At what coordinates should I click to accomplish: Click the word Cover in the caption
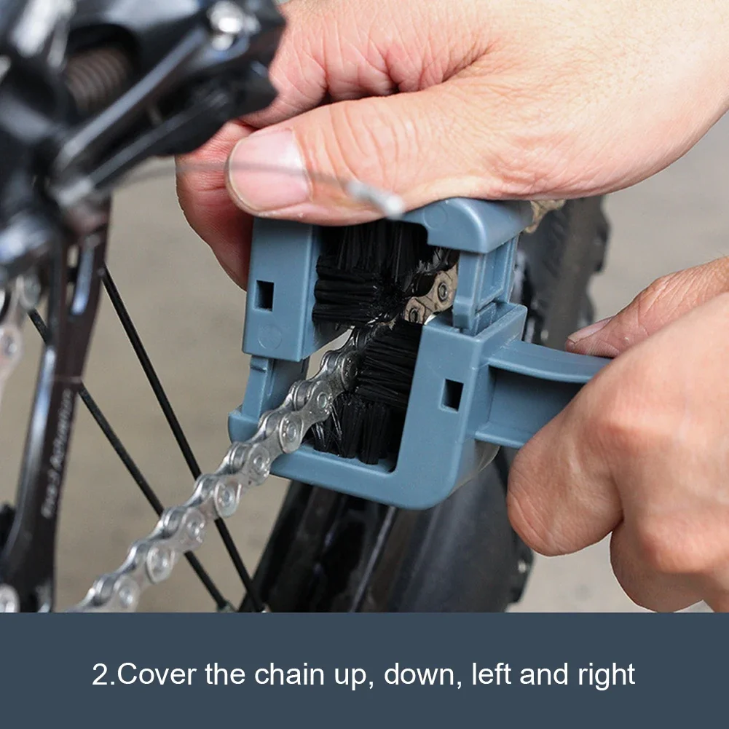tap(157, 674)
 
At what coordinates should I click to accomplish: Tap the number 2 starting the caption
tap(99, 674)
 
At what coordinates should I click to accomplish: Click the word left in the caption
tap(489, 674)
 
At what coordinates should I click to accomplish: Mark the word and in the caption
tap(543, 674)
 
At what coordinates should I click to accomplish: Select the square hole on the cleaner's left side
tap(264, 294)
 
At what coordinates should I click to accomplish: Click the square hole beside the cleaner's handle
tap(452, 394)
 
